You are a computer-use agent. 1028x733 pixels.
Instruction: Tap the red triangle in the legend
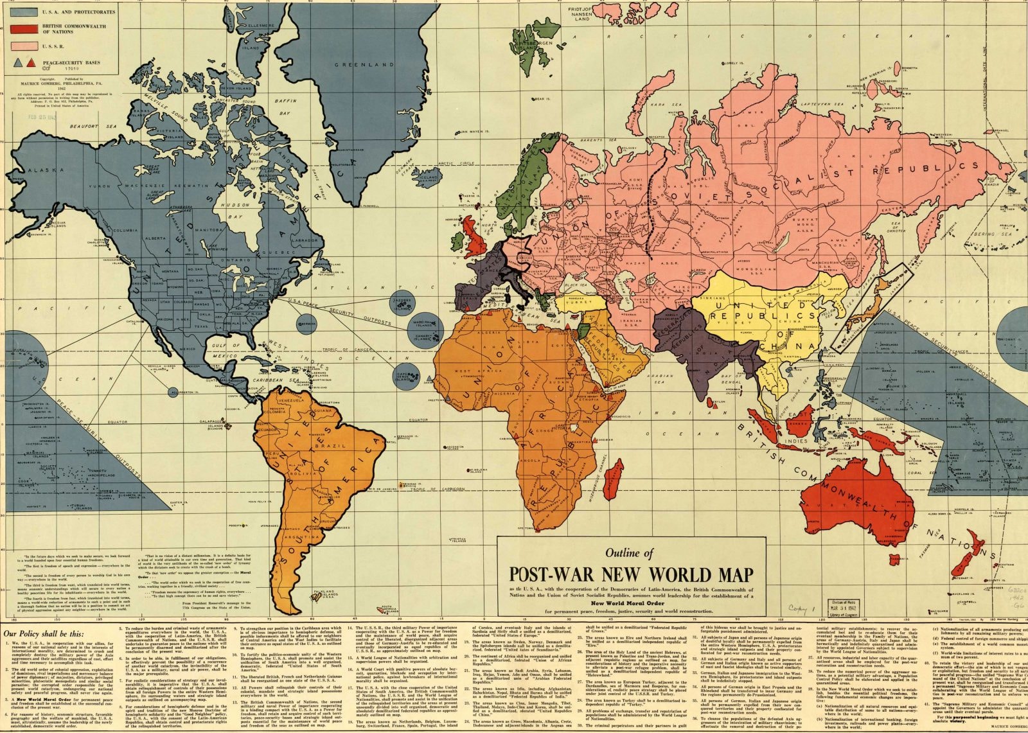[31, 62]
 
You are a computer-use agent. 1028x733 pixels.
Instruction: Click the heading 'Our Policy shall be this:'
[45, 634]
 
